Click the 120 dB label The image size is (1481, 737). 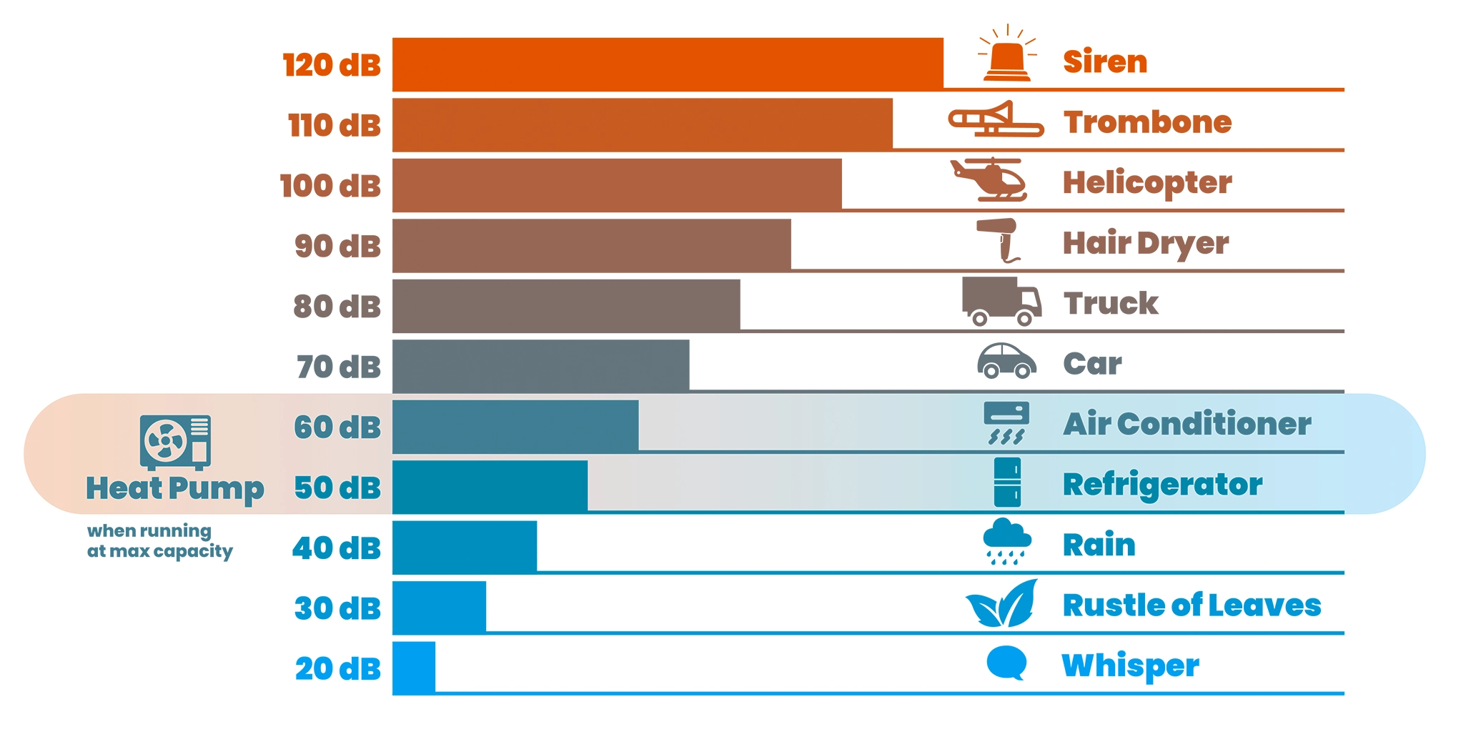[x=332, y=65]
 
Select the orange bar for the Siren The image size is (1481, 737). [x=667, y=64]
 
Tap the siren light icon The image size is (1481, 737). [x=1007, y=56]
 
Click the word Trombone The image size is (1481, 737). [x=1147, y=122]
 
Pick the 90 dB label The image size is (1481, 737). [x=337, y=246]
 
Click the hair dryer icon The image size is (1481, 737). [x=999, y=239]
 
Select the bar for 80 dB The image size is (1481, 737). [x=565, y=305]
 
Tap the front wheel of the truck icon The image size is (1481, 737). [x=1024, y=318]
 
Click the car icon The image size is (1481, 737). [x=1006, y=360]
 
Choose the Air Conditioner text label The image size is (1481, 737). [x=1187, y=424]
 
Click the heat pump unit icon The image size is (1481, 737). [x=175, y=442]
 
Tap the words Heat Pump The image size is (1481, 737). [x=175, y=489]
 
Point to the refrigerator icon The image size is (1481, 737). [x=1007, y=483]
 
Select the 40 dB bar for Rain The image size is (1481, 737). [x=465, y=547]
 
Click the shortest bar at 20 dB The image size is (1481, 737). [x=414, y=668]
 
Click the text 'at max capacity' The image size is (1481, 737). [x=159, y=552]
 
